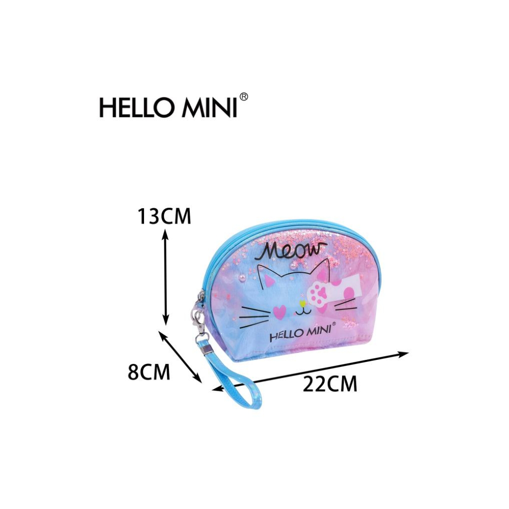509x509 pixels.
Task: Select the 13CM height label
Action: (x=164, y=216)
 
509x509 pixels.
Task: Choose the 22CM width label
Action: (x=330, y=384)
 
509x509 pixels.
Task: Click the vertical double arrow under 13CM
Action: (x=165, y=276)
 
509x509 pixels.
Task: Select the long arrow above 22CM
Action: (x=310, y=371)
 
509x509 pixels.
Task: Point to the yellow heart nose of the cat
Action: (x=302, y=304)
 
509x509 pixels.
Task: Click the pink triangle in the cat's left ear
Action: (x=270, y=279)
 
